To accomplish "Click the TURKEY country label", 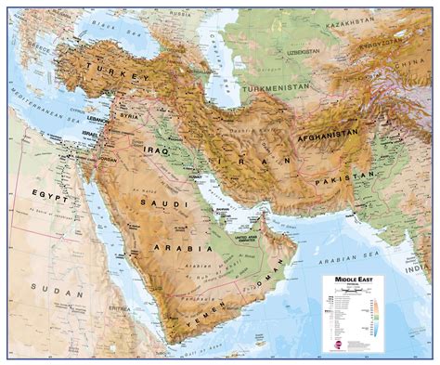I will coord(114,71).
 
